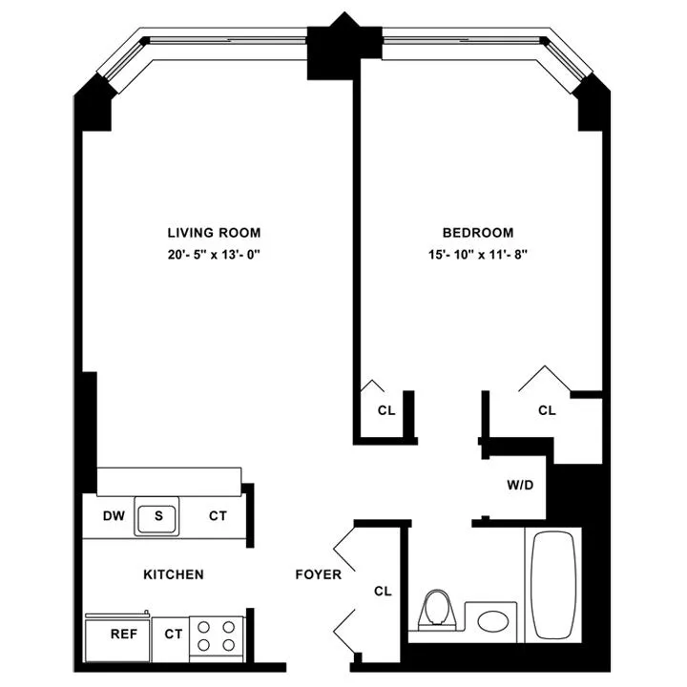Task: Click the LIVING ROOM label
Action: coord(214,233)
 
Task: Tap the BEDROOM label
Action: coord(477,233)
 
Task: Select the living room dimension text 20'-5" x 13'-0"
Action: coord(214,255)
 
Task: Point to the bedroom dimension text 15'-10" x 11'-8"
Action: coord(477,255)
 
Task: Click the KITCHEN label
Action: coord(173,574)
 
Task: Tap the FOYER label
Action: coord(318,574)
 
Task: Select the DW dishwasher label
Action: coord(114,516)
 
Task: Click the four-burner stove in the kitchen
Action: coord(217,636)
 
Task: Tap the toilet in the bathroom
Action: coord(438,609)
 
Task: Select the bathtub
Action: coord(553,584)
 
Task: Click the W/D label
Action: coord(520,486)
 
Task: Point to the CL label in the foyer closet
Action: coord(383,592)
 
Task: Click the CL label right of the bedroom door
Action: coord(547,411)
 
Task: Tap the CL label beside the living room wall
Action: coord(385,411)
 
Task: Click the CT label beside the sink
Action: coord(218,516)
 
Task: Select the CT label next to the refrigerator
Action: coord(173,634)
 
